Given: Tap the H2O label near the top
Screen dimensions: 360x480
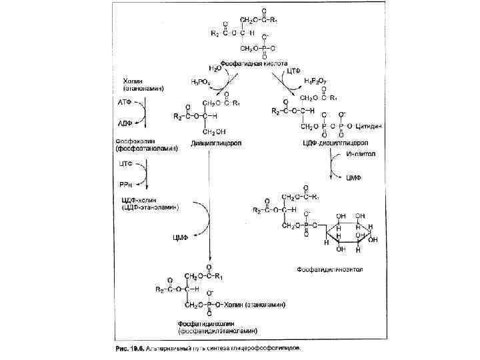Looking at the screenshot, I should (x=215, y=68).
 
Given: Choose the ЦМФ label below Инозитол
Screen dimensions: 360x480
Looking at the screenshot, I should (x=355, y=179).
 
